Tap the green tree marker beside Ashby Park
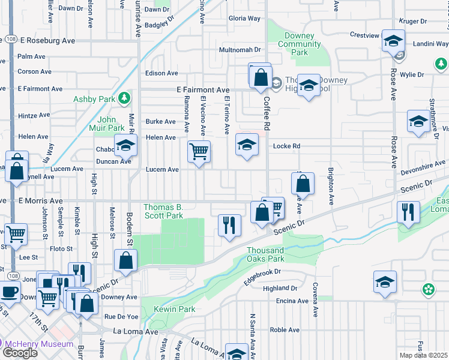click(124, 97)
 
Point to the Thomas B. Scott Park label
click(163, 211)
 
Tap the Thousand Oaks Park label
click(265, 254)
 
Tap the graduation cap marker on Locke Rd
click(247, 145)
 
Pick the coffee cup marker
click(9, 292)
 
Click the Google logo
click(20, 353)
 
